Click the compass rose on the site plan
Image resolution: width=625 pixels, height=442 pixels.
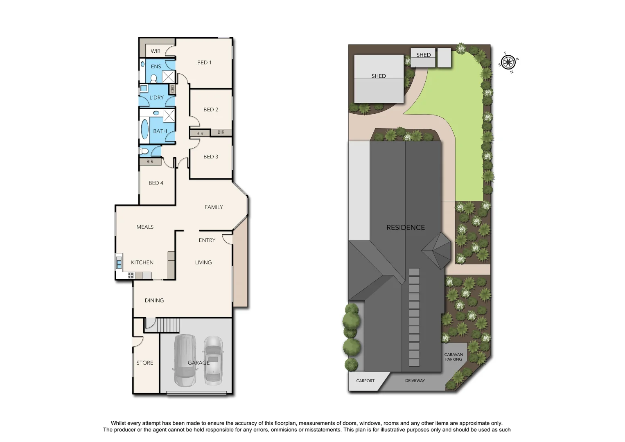(508, 63)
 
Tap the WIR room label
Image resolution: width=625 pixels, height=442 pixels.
(156, 51)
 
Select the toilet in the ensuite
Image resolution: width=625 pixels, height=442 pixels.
(153, 78)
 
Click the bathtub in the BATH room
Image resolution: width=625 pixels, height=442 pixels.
(145, 129)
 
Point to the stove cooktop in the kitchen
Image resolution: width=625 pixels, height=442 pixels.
(131, 275)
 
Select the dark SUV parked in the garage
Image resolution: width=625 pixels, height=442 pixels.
(185, 360)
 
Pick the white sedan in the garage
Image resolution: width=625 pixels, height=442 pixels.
(213, 361)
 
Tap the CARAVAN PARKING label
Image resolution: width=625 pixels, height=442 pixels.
(454, 357)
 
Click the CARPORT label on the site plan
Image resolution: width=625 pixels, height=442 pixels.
(365, 381)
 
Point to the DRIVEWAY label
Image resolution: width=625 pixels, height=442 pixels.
(415, 381)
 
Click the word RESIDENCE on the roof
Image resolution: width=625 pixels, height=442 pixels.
(406, 228)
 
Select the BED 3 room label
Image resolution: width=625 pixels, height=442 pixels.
(211, 157)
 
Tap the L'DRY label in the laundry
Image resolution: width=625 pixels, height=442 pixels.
(156, 98)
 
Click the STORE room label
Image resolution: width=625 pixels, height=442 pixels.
(145, 363)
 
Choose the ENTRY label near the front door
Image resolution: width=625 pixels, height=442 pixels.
(207, 241)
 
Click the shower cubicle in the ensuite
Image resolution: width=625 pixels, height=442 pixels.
(168, 77)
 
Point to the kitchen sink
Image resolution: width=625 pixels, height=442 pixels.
(119, 262)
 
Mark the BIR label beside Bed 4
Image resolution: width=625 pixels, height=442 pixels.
(150, 162)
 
